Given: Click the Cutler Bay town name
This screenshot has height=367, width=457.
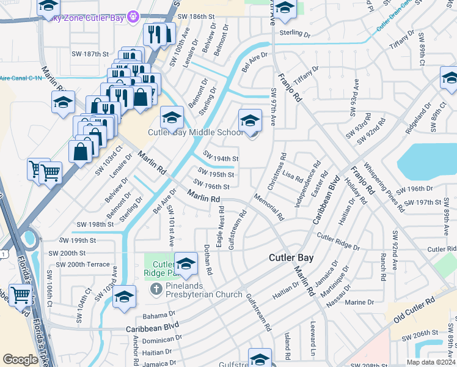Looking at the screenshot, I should click(291, 258).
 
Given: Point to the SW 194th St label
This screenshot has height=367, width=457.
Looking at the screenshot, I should click(221, 158).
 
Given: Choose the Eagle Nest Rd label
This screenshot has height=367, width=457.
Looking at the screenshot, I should click(221, 225).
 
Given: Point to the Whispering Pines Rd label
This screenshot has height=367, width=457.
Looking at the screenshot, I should click(383, 186).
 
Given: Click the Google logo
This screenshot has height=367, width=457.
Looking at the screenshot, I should click(20, 360).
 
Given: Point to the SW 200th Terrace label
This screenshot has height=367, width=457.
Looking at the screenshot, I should click(83, 265).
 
